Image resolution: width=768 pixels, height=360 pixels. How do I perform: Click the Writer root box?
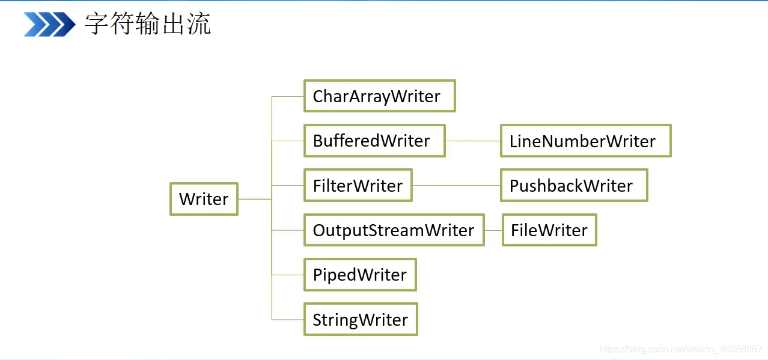(x=204, y=199)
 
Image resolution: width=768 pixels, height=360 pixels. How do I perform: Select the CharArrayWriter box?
(x=380, y=96)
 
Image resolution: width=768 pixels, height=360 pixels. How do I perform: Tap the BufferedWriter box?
(x=374, y=141)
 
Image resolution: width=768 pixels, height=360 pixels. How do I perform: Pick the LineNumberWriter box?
(x=585, y=141)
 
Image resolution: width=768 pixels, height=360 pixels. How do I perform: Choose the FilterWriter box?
(x=358, y=185)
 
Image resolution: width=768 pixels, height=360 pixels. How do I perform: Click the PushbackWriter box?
(x=574, y=185)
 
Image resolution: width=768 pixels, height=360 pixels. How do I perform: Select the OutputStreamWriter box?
(x=394, y=230)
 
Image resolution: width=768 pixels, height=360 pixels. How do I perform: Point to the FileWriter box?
(x=549, y=230)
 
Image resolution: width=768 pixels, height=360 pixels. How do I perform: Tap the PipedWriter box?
(x=360, y=275)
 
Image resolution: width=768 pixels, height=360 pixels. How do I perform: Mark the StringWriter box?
(x=361, y=319)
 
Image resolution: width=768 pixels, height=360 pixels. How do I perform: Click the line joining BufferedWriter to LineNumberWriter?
(x=473, y=141)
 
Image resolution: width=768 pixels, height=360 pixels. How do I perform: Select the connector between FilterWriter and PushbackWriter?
(x=456, y=186)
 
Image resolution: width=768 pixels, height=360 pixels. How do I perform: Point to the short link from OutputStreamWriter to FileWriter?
(x=493, y=230)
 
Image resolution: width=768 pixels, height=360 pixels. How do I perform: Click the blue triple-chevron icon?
(x=49, y=24)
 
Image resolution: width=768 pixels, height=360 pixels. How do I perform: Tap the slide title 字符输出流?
(x=147, y=23)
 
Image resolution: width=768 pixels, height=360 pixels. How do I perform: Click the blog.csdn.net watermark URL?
(x=680, y=349)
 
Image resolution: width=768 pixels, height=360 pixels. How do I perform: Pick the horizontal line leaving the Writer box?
(x=255, y=199)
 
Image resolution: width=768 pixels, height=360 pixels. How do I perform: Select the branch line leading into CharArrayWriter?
(x=287, y=97)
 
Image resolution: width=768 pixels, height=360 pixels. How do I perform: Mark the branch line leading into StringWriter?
(x=287, y=320)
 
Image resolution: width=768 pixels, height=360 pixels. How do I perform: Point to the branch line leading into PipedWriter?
(x=287, y=275)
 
